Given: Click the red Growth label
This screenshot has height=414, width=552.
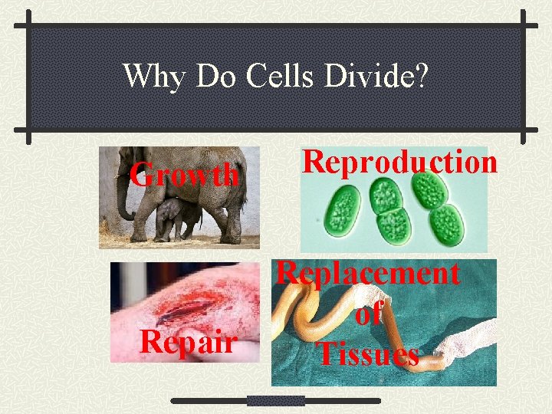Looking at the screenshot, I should click(x=184, y=175).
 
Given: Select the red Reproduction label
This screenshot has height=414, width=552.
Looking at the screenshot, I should click(x=399, y=162).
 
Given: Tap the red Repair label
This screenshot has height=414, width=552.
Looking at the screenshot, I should click(x=188, y=343).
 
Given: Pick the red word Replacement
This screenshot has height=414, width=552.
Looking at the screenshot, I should click(x=368, y=273).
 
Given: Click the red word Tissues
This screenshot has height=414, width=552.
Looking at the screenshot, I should click(x=368, y=353).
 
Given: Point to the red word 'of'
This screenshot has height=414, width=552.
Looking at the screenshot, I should click(x=369, y=314).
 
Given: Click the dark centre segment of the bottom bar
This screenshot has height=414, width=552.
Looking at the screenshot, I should click(x=276, y=400).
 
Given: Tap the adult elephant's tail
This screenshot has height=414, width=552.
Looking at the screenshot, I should click(x=243, y=192).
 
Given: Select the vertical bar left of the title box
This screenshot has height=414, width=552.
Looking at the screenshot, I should click(x=28, y=77).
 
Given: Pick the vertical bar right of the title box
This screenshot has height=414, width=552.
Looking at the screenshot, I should click(x=524, y=77).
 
